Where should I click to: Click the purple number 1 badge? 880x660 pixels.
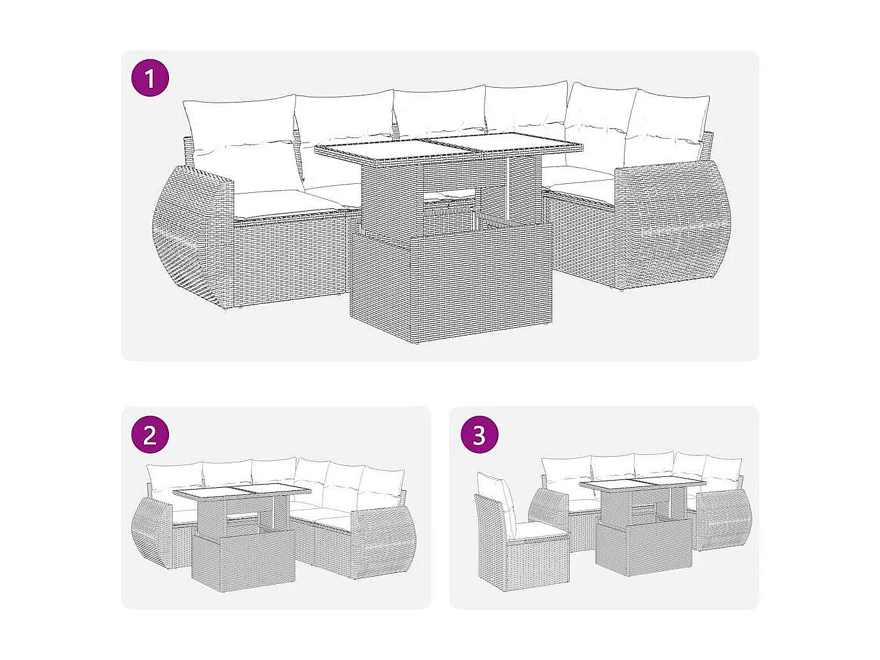[x=150, y=79]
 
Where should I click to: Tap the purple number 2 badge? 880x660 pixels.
[x=150, y=435]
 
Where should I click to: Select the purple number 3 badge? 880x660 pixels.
[x=479, y=435]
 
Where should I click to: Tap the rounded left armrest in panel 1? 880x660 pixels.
[x=190, y=235]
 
